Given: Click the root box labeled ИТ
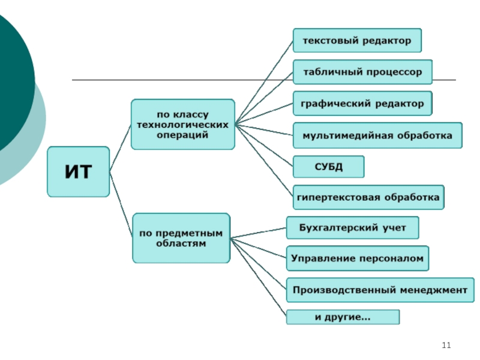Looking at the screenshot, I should [78, 172].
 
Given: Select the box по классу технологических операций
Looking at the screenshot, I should [182, 125].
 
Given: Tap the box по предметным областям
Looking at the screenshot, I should [181, 238].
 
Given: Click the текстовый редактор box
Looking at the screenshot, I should [357, 41].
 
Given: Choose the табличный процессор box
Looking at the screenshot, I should [362, 72].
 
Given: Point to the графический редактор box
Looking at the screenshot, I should [362, 103].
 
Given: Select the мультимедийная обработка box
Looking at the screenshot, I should [377, 135].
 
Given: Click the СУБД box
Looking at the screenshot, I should [328, 166].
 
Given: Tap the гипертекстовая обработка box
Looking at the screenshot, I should [368, 197].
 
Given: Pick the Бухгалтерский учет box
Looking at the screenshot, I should [352, 228].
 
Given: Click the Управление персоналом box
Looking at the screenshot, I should [358, 259].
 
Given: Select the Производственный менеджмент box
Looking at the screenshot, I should [379, 290].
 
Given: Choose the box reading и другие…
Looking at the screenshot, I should [343, 317].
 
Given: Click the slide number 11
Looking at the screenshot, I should [445, 345].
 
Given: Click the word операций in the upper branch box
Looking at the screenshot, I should [182, 135].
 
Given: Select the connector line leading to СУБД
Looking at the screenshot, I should [264, 146].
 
